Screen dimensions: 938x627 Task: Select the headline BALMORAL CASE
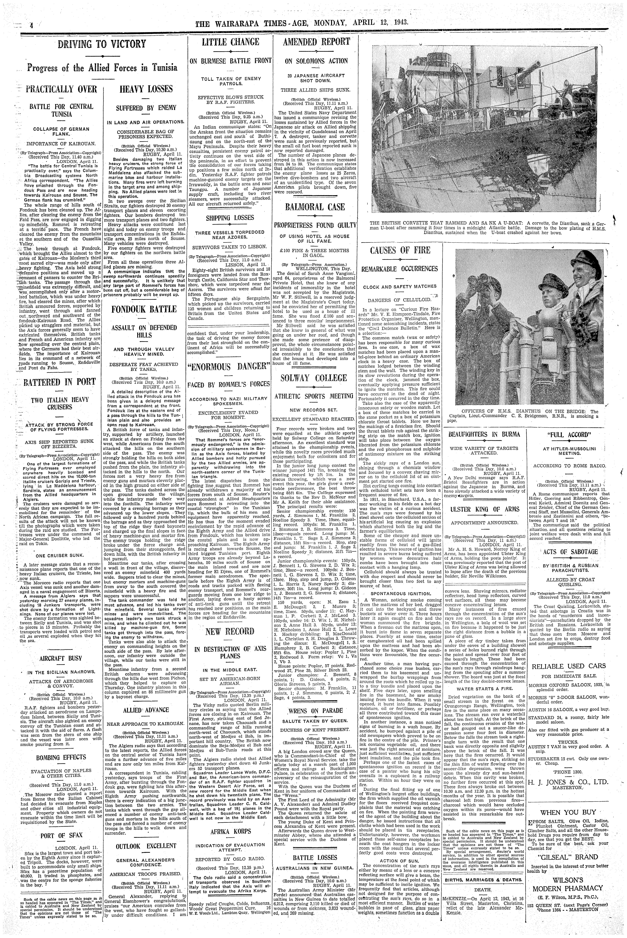[x=315, y=207]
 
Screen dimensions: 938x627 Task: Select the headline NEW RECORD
[x=229, y=632]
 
